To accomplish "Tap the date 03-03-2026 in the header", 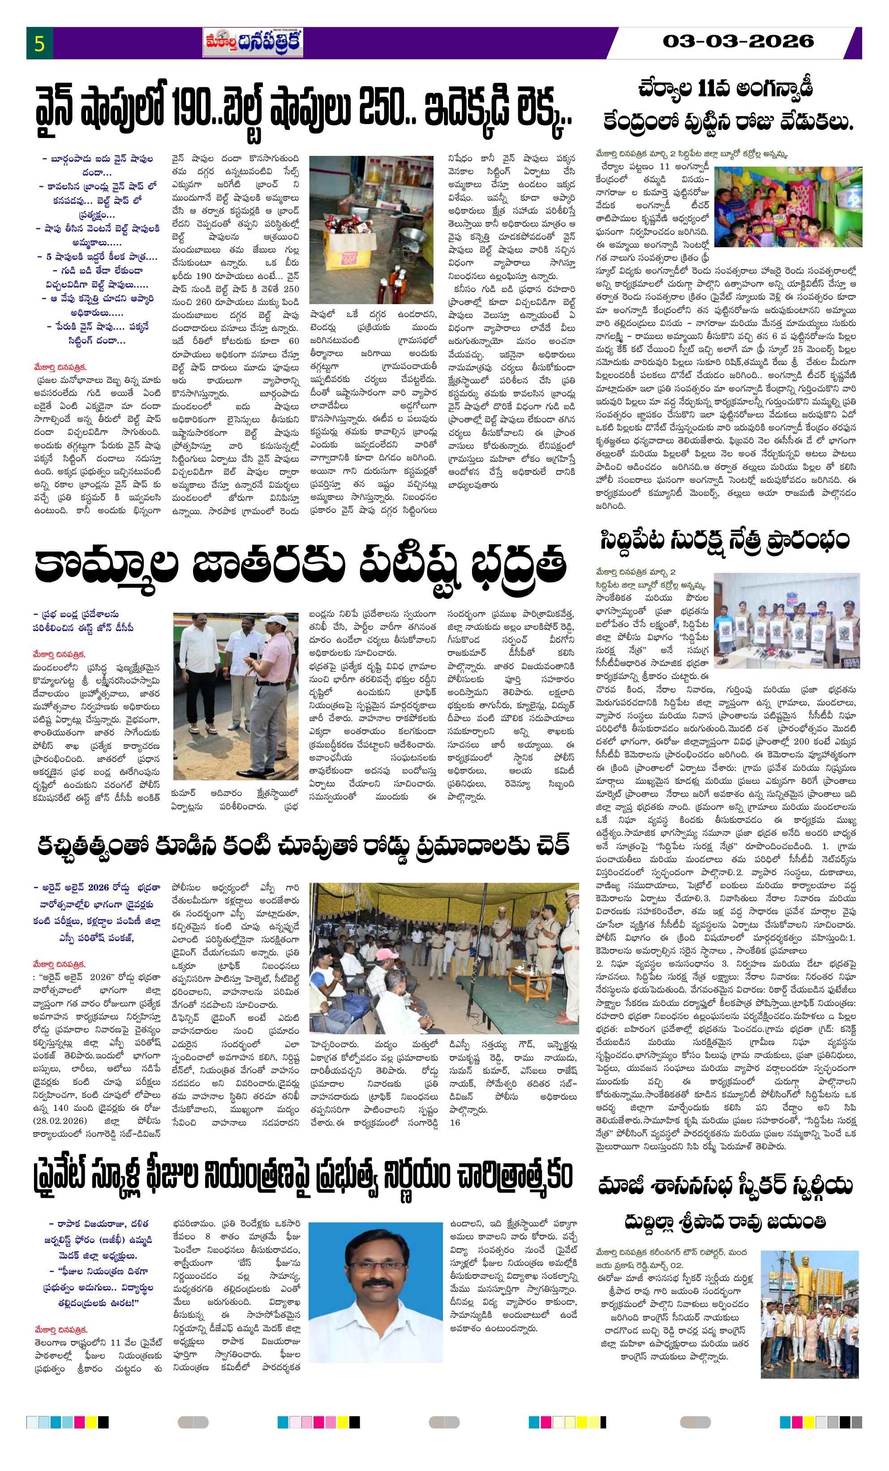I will click(x=738, y=41).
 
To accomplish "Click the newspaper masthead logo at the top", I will click(x=253, y=43).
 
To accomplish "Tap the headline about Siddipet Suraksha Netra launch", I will click(x=724, y=541).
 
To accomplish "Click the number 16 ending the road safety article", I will click(x=455, y=1123).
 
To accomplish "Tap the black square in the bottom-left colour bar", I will click(x=103, y=1422).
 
